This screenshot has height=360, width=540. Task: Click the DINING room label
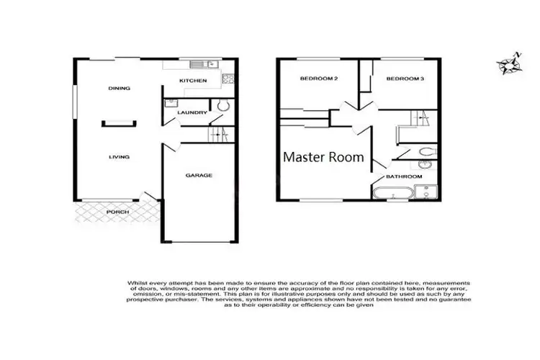[x=119, y=89]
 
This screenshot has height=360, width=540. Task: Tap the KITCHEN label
[x=193, y=81]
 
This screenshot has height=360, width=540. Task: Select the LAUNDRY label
[x=193, y=112]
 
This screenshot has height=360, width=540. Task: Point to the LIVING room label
[x=119, y=156]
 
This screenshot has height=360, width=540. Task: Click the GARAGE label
[x=199, y=175]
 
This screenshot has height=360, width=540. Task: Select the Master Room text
[x=323, y=156]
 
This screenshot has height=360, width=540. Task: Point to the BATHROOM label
[x=404, y=176]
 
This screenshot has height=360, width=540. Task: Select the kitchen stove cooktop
[x=227, y=78]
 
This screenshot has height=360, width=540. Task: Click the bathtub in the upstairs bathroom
[x=393, y=193]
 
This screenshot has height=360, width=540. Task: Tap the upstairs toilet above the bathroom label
[x=426, y=151]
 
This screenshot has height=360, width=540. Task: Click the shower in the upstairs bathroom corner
[x=427, y=192]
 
